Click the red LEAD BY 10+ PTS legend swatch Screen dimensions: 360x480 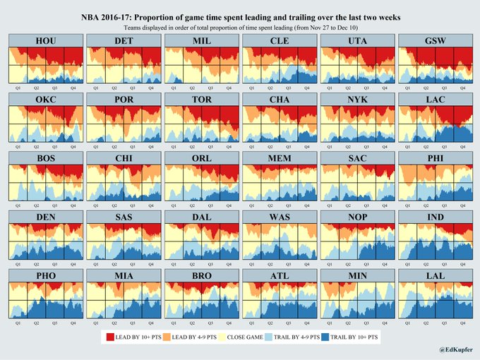[109, 337]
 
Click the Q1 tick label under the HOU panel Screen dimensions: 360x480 [18, 88]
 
